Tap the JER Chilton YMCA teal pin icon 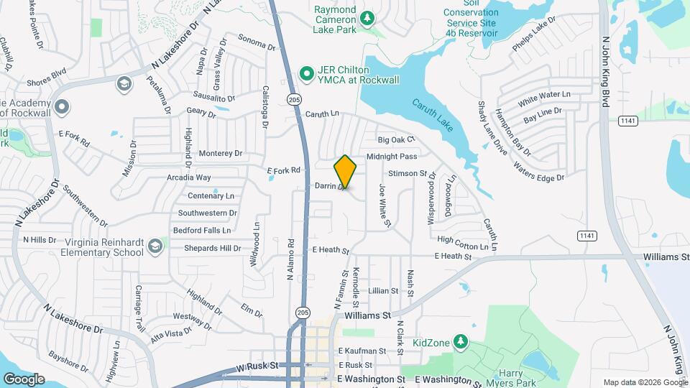pyautogui.click(x=305, y=73)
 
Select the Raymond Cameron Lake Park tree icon pyautogui.click(x=367, y=17)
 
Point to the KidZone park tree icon pyautogui.click(x=460, y=343)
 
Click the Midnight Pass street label pyautogui.click(x=391, y=156)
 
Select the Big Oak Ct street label pyautogui.click(x=397, y=139)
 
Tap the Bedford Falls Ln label pyautogui.click(x=202, y=231)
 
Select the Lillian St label pyautogui.click(x=383, y=291)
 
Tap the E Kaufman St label pyautogui.click(x=362, y=351)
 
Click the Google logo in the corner pyautogui.click(x=24, y=379)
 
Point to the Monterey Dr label pyautogui.click(x=221, y=153)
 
